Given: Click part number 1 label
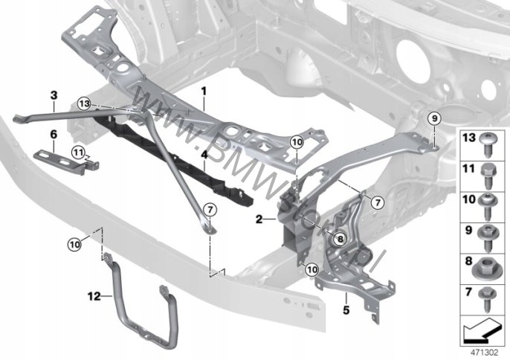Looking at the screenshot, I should [x=203, y=89].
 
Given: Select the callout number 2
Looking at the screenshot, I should [x=258, y=219].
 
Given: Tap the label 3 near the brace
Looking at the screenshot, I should [x=53, y=95].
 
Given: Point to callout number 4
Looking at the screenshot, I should [x=203, y=155].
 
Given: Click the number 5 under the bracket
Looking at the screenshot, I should [x=346, y=306].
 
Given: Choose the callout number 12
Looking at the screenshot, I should [x=91, y=295].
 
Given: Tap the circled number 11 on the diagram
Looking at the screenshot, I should [x=77, y=152].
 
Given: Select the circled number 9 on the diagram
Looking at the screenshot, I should [x=434, y=117].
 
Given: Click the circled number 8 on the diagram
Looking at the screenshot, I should [x=340, y=239].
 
